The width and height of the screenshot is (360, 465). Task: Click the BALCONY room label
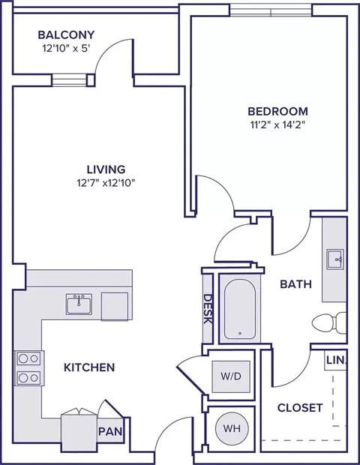[x=66, y=35]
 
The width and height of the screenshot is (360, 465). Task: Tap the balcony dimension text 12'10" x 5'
[x=66, y=48]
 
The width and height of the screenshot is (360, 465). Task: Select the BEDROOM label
[x=277, y=112]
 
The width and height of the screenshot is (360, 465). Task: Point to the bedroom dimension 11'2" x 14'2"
[x=277, y=124]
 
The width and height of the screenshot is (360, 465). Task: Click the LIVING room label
[x=106, y=169]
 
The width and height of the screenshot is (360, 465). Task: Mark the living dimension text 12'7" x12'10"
[x=106, y=183]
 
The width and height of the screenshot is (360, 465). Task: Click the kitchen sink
[x=79, y=304]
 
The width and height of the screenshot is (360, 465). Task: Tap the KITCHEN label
[x=89, y=367]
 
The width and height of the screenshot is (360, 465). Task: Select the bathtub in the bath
[x=240, y=308]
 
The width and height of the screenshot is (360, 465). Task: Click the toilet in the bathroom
[x=329, y=322]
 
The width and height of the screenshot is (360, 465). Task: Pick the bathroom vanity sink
[x=335, y=259]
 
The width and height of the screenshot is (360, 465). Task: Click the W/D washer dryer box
[x=231, y=376]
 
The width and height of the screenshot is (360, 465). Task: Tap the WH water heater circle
[x=232, y=428]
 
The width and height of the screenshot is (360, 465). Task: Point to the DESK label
[x=208, y=309]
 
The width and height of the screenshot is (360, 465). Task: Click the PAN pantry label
[x=110, y=431]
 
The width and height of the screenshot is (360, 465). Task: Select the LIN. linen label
[x=336, y=360]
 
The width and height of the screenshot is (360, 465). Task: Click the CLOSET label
[x=300, y=408]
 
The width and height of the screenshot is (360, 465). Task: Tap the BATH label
[x=296, y=284]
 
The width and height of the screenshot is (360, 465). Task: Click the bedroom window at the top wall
[x=271, y=11]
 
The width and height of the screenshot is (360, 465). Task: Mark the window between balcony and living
[x=70, y=80]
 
